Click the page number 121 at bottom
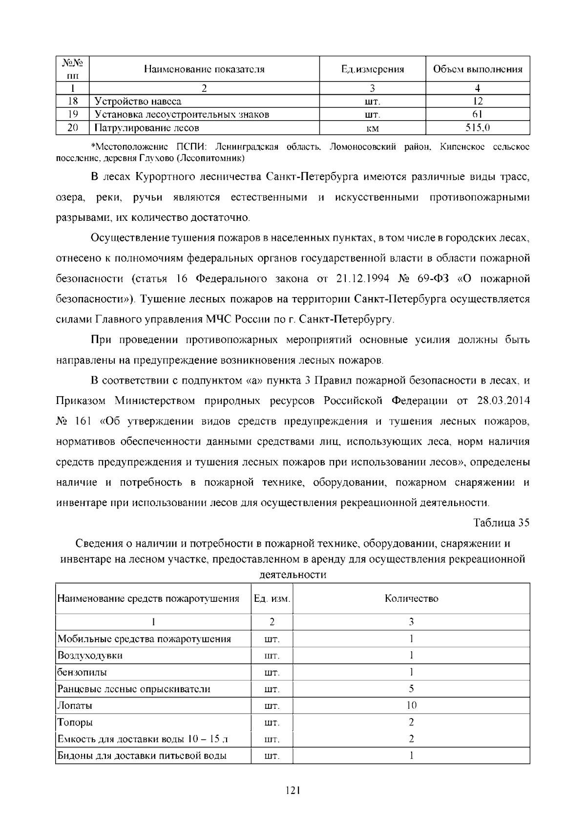point(293,790)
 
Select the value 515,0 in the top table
point(478,128)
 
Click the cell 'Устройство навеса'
point(138,102)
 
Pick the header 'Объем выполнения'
point(478,69)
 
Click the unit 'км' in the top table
point(373,128)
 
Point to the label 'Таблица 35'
point(502,523)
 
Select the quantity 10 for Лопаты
point(411,705)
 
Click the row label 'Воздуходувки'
point(90,656)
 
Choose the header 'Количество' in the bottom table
point(411,598)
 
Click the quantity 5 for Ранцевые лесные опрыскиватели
point(411,689)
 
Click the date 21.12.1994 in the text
point(363,279)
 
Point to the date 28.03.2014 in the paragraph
point(503,401)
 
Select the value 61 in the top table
point(478,115)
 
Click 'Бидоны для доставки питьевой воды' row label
point(142,756)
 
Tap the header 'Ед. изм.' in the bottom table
point(272,598)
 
